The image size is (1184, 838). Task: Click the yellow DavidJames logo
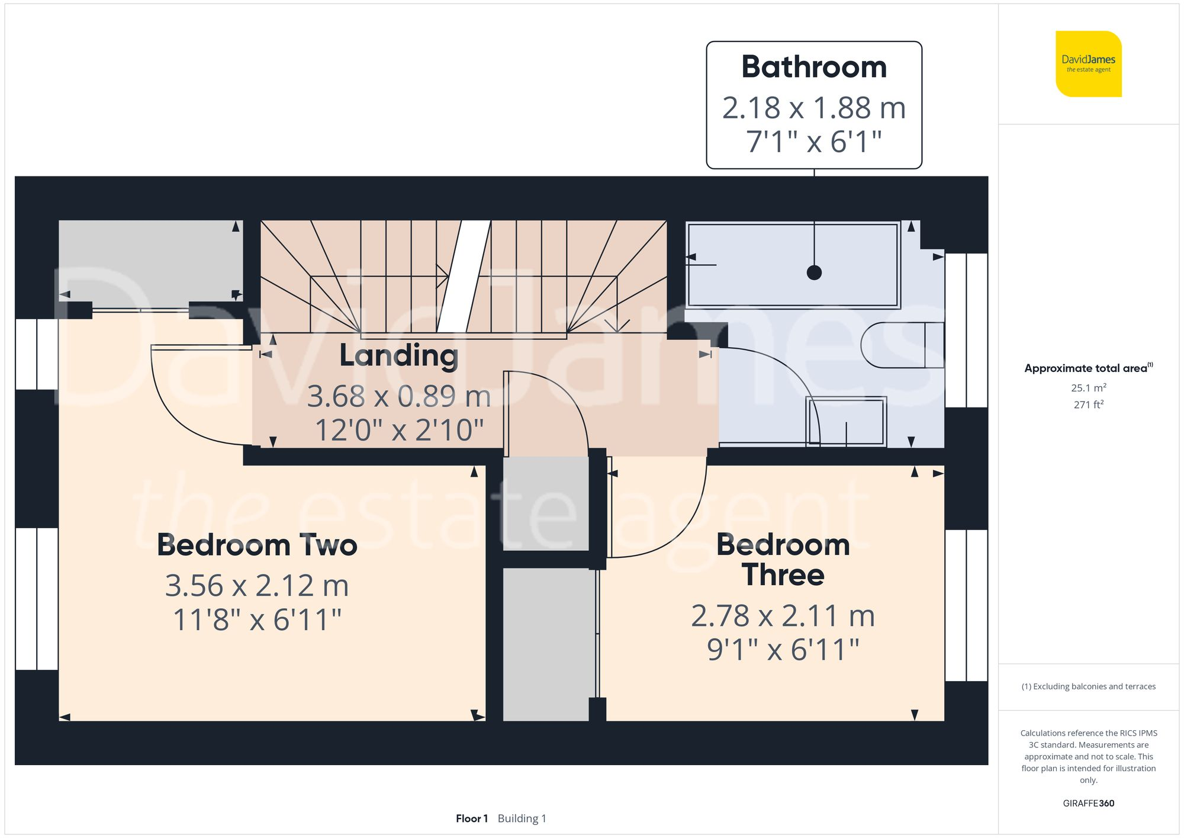tap(1088, 64)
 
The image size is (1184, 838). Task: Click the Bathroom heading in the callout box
tap(814, 67)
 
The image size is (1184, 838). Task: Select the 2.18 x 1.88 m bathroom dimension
tap(814, 108)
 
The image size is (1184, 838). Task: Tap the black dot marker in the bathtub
tap(814, 272)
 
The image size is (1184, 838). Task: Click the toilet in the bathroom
tap(900, 345)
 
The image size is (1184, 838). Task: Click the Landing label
tap(398, 355)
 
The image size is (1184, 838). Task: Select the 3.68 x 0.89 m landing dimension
tap(398, 396)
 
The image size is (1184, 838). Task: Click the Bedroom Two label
tap(257, 545)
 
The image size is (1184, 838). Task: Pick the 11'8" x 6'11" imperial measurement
tap(257, 620)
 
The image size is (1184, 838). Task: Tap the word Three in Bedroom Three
tap(783, 575)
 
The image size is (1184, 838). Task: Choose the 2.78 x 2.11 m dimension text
tap(783, 616)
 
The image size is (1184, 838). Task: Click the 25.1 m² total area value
tap(1088, 388)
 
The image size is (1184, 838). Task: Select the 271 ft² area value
tap(1088, 404)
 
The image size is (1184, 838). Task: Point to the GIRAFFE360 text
tap(1088, 804)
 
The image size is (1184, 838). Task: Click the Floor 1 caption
tap(471, 818)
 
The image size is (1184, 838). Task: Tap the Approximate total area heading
tap(1087, 368)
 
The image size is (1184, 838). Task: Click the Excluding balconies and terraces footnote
tap(1088, 686)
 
